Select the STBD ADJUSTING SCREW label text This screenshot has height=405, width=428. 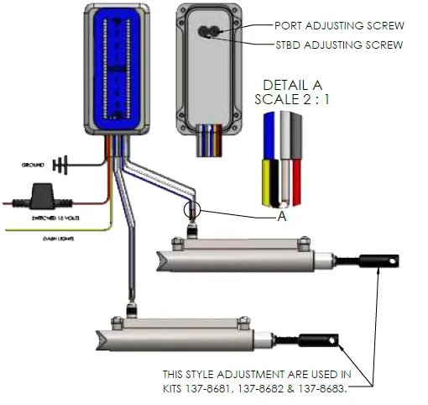[x=339, y=45]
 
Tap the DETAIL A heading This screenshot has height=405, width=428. [x=293, y=86]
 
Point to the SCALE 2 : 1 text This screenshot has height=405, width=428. [x=293, y=99]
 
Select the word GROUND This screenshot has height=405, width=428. [x=33, y=165]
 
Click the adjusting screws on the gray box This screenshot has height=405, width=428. [x=208, y=33]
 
